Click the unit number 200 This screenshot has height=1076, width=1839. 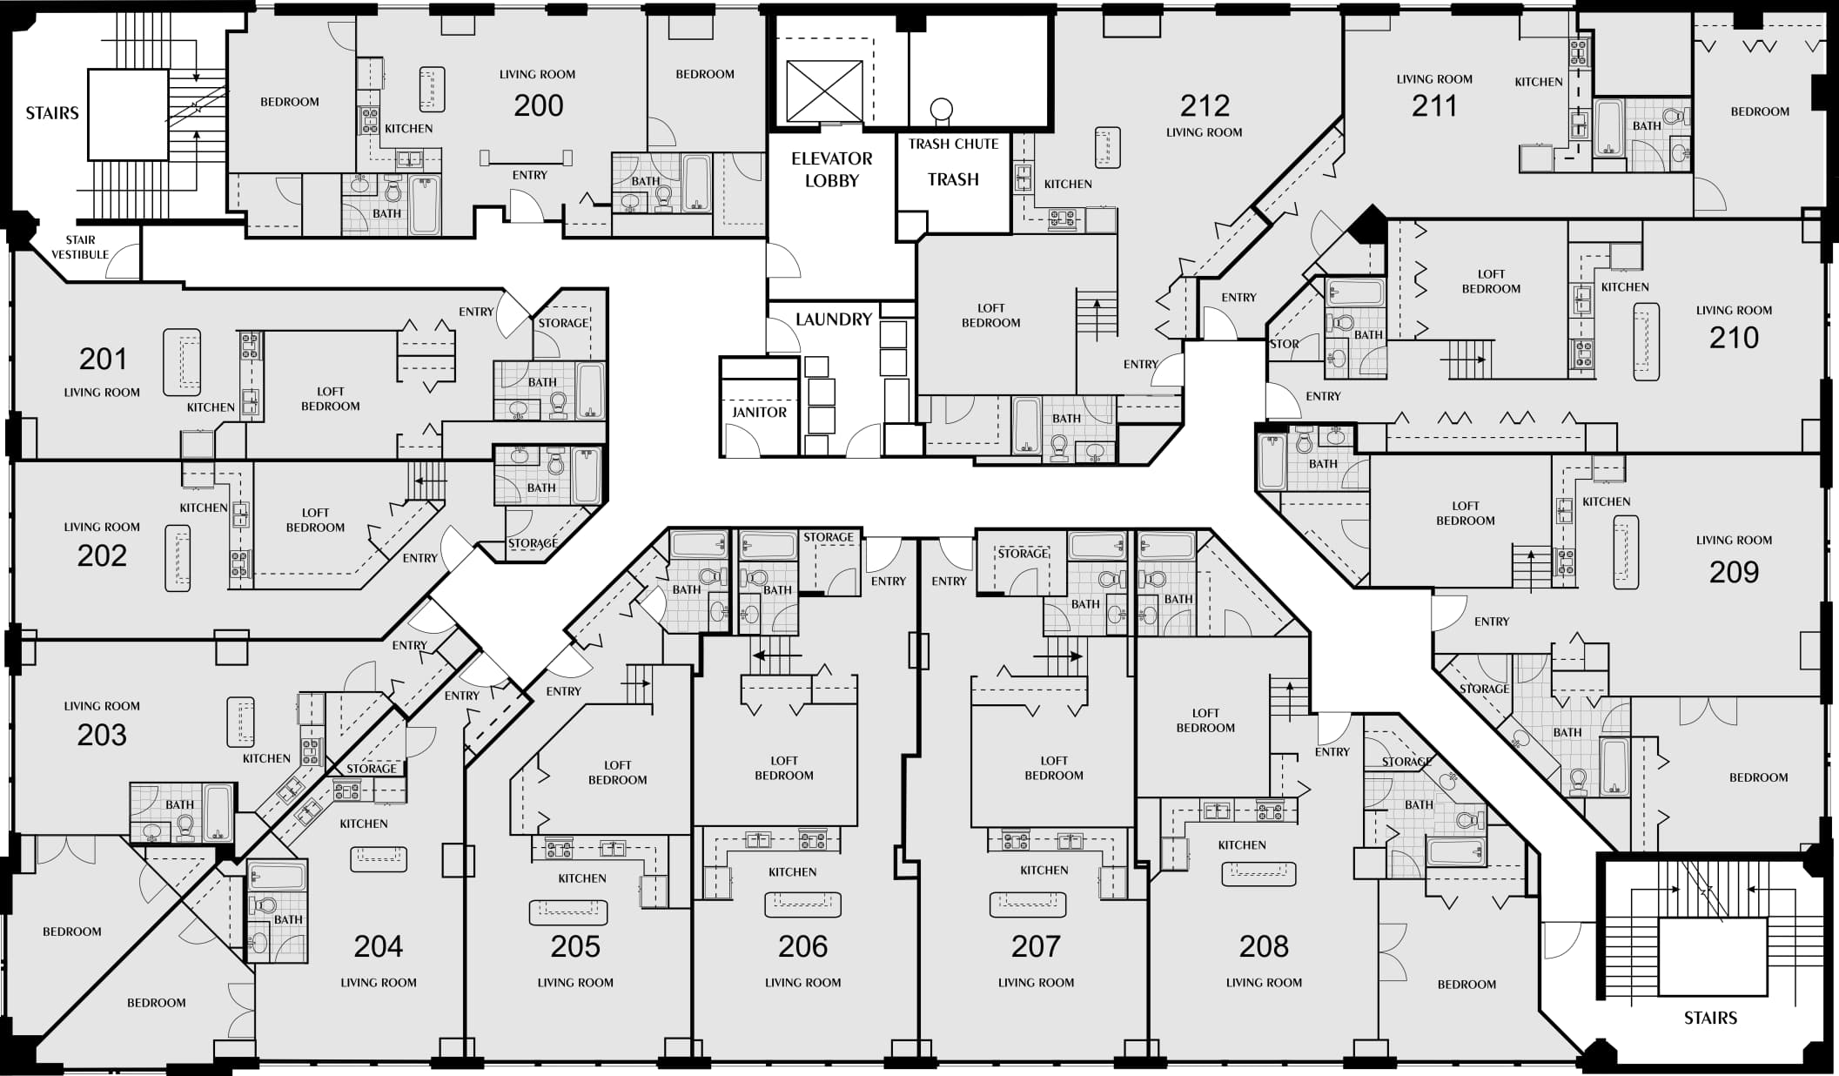pyautogui.click(x=539, y=105)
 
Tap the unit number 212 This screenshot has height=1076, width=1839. pyautogui.click(x=1205, y=105)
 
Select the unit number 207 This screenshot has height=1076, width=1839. pyautogui.click(x=1036, y=946)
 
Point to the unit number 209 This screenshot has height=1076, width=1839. pyautogui.click(x=1734, y=572)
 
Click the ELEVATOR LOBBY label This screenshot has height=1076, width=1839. pyautogui.click(x=831, y=170)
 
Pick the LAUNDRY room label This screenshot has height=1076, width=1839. pyautogui.click(x=833, y=319)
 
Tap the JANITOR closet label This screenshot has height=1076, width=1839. pyautogui.click(x=759, y=413)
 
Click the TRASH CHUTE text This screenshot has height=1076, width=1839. pyautogui.click(x=953, y=145)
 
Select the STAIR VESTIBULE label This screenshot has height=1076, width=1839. pyautogui.click(x=80, y=247)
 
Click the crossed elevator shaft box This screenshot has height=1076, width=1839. pyautogui.click(x=824, y=91)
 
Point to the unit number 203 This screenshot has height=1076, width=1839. pyautogui.click(x=102, y=735)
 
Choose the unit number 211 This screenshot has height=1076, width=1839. pyautogui.click(x=1434, y=106)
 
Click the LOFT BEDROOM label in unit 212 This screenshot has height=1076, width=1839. pyautogui.click(x=990, y=315)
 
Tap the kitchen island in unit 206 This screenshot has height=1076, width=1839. pyautogui.click(x=802, y=905)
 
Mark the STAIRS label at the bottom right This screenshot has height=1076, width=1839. pyautogui.click(x=1710, y=1018)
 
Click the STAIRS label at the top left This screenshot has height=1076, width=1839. pyautogui.click(x=52, y=113)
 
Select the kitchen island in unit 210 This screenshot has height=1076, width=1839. pyautogui.click(x=1646, y=341)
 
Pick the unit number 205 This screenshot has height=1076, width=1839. pyautogui.click(x=575, y=946)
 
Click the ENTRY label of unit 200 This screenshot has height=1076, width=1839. pyautogui.click(x=530, y=175)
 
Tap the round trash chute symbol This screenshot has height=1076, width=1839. pyautogui.click(x=941, y=110)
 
